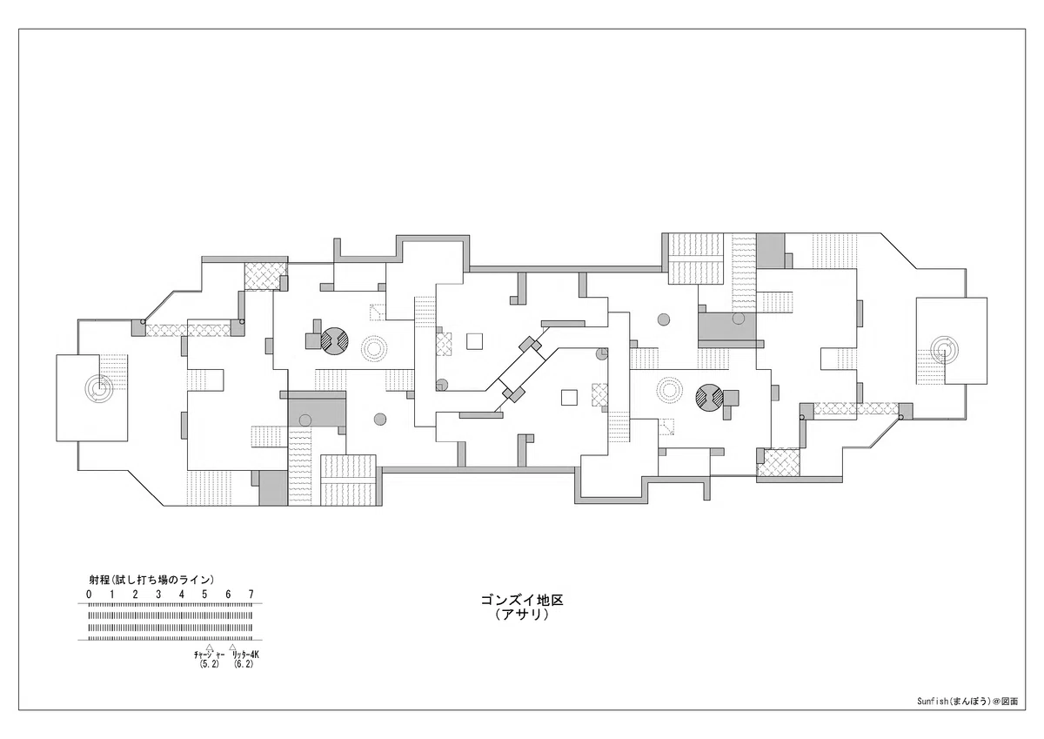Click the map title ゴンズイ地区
click(x=522, y=600)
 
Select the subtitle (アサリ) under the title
click(x=522, y=615)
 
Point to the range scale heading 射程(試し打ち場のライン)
click(x=151, y=580)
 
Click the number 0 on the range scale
click(x=89, y=595)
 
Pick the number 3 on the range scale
click(x=158, y=595)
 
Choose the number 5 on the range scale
click(x=204, y=595)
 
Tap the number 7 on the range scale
click(x=251, y=595)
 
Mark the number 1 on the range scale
click(x=112, y=595)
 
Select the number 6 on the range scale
click(x=228, y=595)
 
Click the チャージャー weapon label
click(x=209, y=655)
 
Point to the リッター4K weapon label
click(x=245, y=655)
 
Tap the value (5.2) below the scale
click(x=209, y=664)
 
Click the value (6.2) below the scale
click(x=244, y=664)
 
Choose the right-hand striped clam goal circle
click(x=709, y=398)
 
